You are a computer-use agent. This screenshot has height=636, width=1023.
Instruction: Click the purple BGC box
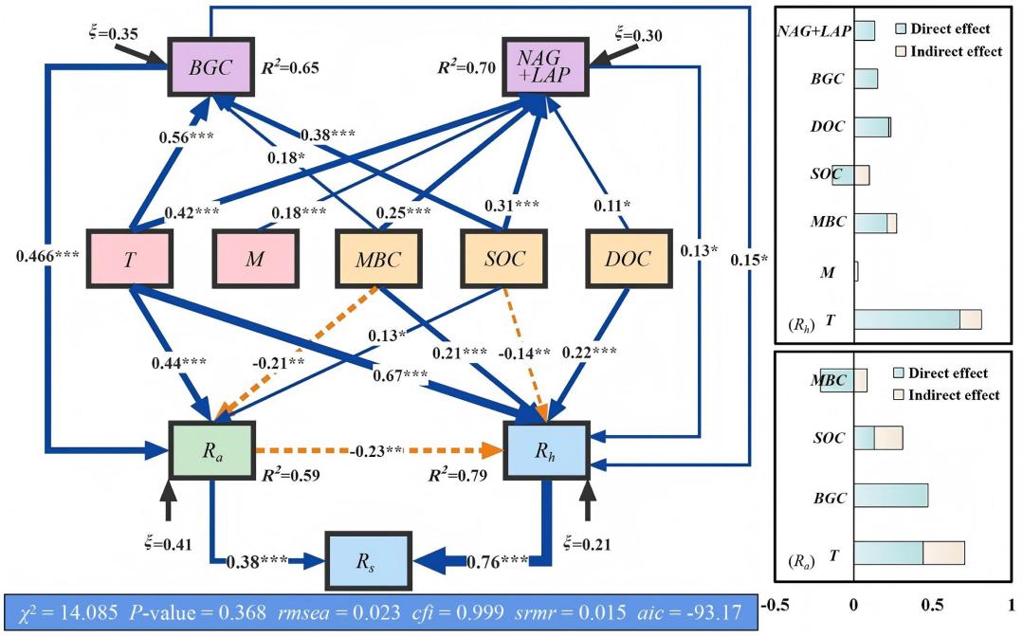[x=210, y=67]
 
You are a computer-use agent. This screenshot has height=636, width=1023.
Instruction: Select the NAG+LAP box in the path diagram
[x=545, y=67]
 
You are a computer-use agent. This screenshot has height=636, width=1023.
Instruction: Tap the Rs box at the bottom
[x=367, y=561]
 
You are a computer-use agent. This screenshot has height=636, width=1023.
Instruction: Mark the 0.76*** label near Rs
[x=498, y=561]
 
